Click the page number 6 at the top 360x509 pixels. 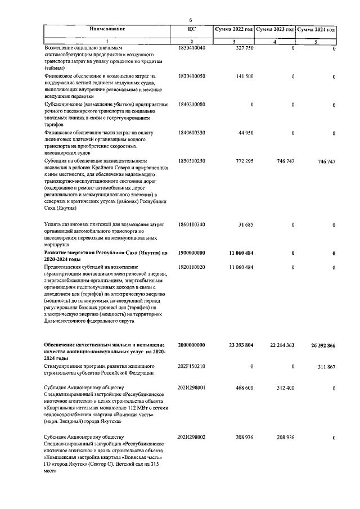(x=191, y=20)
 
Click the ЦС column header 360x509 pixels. (x=191, y=29)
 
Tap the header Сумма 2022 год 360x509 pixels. (x=233, y=29)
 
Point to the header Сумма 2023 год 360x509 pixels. (x=275, y=29)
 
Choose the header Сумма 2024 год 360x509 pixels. (x=316, y=29)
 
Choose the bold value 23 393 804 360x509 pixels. (x=239, y=345)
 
